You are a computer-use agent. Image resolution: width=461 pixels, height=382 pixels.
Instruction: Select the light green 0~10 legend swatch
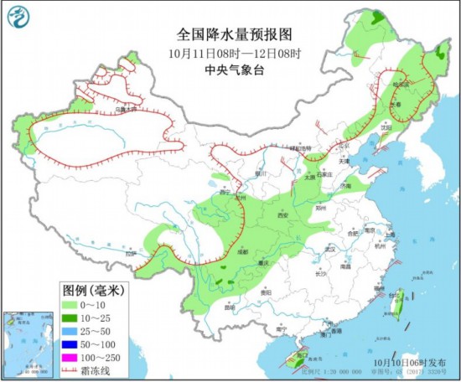71,305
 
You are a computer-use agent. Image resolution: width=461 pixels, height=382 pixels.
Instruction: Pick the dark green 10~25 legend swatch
71,318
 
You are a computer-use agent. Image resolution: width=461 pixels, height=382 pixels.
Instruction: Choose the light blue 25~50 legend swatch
71,332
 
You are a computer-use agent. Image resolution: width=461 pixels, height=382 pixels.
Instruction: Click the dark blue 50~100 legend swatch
71,344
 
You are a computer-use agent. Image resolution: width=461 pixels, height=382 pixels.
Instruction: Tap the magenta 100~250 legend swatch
71,358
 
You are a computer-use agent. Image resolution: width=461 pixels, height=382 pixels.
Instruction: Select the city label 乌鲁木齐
125,109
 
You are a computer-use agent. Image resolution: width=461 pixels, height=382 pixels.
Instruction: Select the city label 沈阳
385,127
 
